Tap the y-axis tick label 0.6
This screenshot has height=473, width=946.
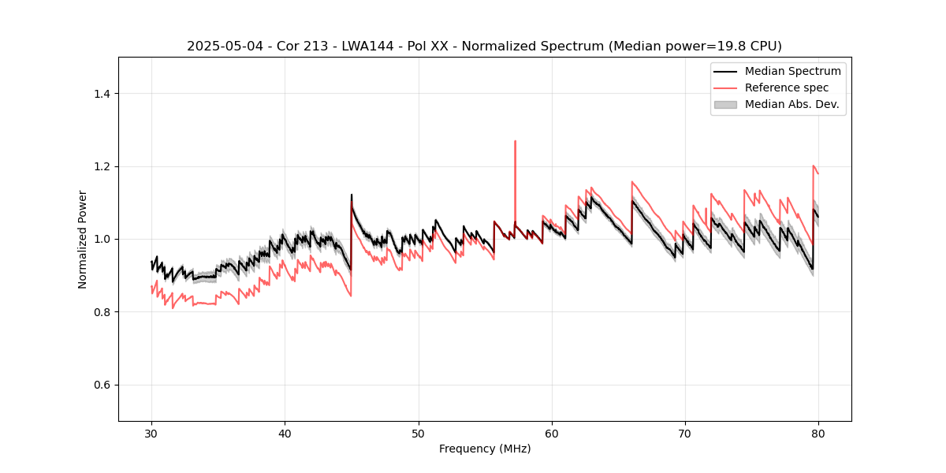[x=102, y=385]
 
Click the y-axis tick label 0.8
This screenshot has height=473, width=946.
[x=102, y=312]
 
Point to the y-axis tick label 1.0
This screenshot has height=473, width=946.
[x=102, y=239]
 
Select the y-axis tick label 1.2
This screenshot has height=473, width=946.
[x=102, y=166]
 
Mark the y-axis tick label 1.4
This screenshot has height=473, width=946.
[x=102, y=94]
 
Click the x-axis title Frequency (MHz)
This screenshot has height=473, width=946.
[x=485, y=449]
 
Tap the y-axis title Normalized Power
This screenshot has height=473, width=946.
[x=83, y=239]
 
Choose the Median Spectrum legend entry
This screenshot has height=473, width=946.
[x=792, y=71]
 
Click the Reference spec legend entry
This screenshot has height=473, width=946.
[x=786, y=88]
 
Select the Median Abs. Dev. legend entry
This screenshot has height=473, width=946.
[x=791, y=104]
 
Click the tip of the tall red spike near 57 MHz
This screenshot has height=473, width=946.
[x=515, y=141]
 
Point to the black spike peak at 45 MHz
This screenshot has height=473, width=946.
[x=352, y=195]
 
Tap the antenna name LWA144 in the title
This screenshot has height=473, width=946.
[x=367, y=47]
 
